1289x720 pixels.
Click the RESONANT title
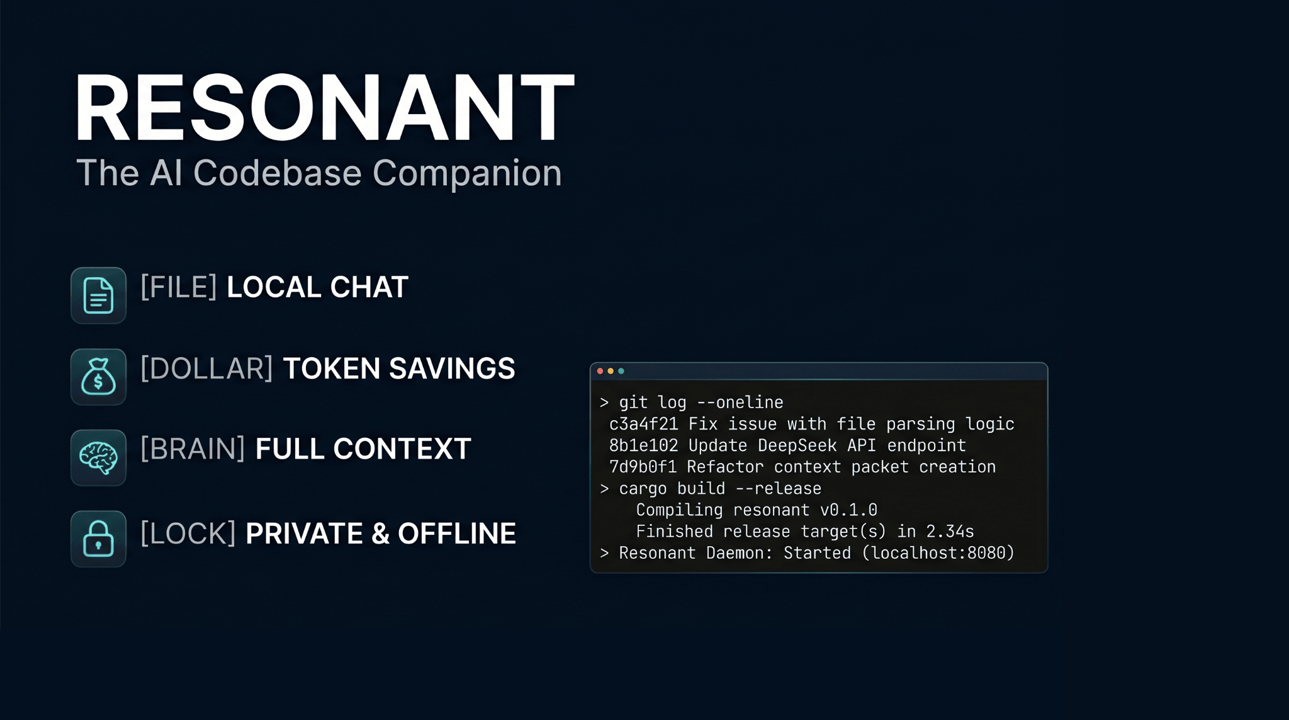(325, 107)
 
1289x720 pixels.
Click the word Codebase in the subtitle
(278, 173)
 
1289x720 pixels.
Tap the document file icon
(98, 295)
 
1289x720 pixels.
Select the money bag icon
(98, 377)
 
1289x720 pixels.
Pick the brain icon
(98, 457)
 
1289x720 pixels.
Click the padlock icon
(98, 539)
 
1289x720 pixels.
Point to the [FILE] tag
(179, 287)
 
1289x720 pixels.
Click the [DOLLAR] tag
(206, 369)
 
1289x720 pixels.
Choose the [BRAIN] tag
(193, 449)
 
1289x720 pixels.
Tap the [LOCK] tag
(188, 534)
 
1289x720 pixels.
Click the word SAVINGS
(452, 369)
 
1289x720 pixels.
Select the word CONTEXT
(402, 449)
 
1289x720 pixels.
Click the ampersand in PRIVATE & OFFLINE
(380, 534)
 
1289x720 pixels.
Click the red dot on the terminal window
(600, 371)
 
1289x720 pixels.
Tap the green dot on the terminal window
(621, 371)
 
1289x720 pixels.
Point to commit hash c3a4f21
(644, 424)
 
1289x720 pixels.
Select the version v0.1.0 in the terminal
(848, 510)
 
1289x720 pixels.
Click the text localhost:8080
(938, 553)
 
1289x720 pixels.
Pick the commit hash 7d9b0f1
(643, 467)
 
